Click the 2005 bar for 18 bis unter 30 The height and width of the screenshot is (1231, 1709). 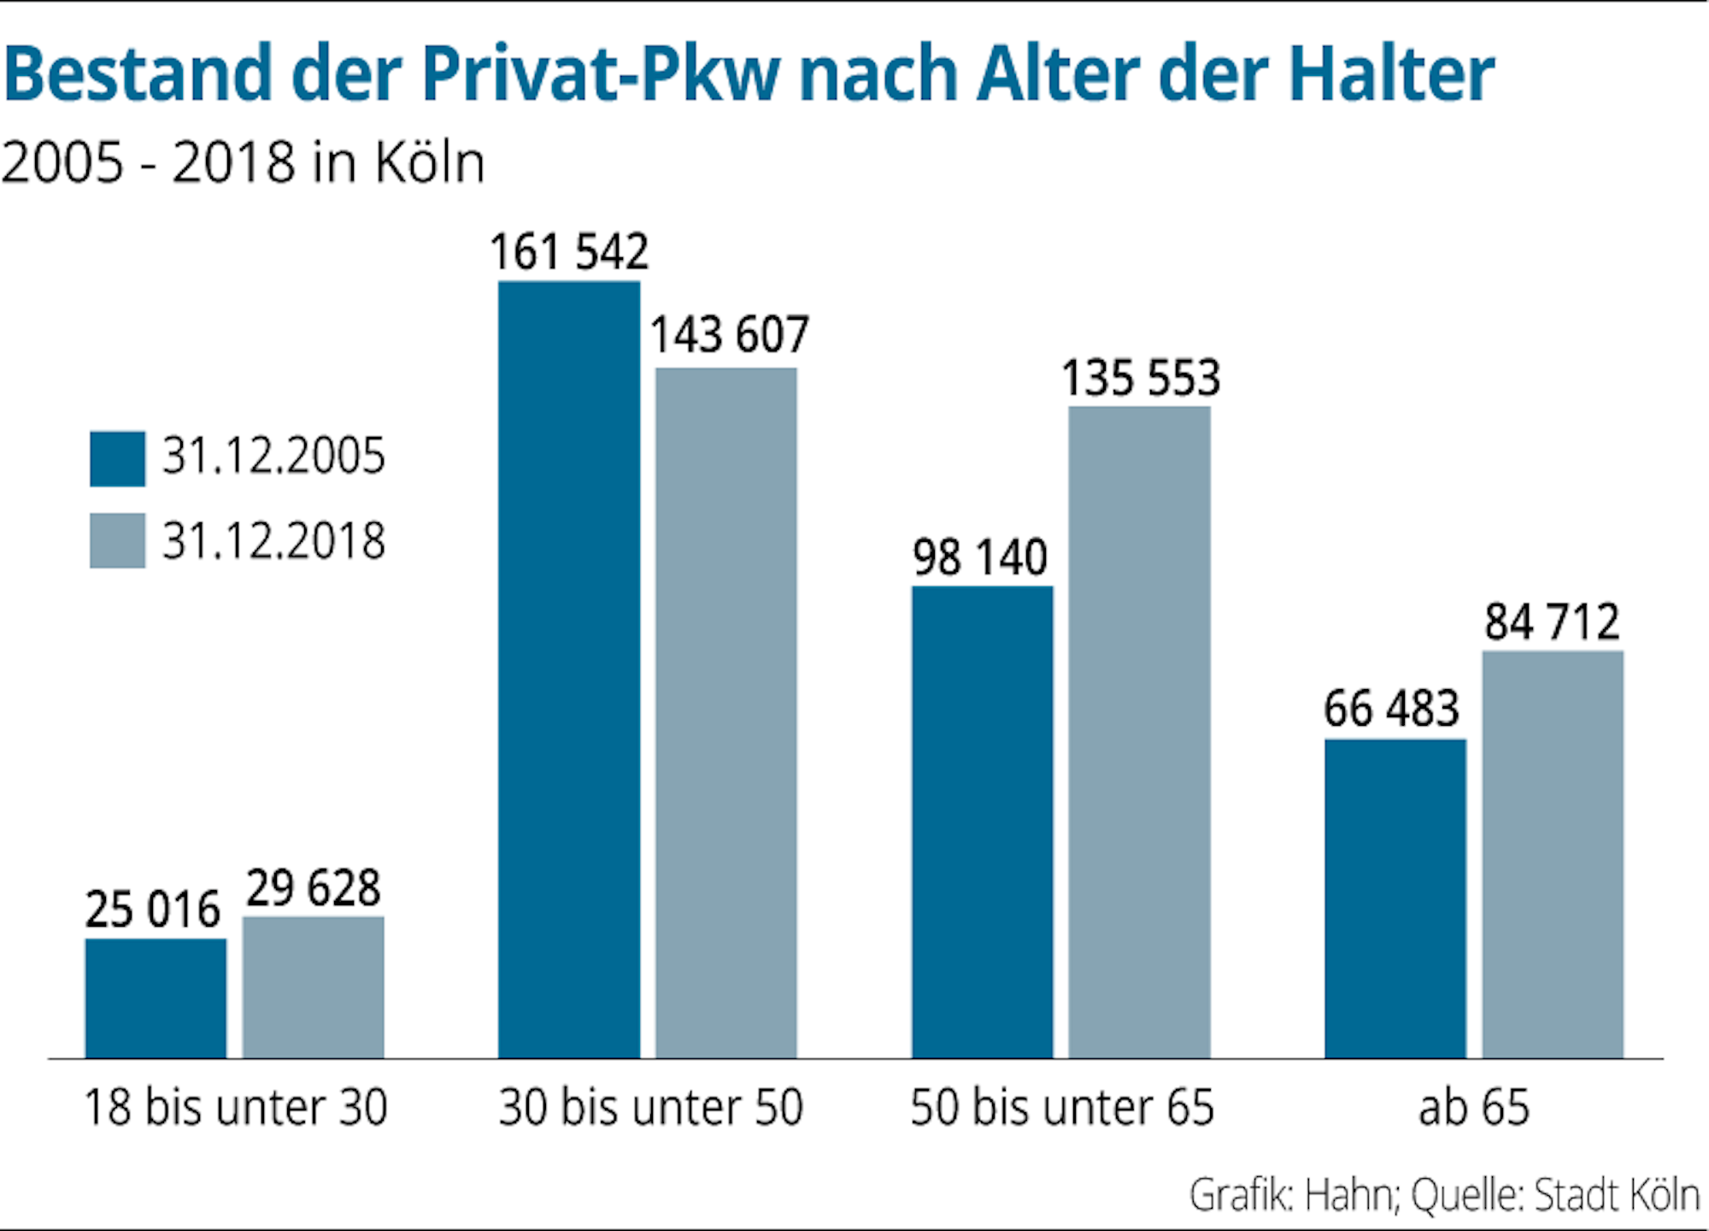coord(156,998)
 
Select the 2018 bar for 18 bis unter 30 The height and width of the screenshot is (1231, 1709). coord(313,987)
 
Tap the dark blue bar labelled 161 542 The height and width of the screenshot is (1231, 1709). coord(569,669)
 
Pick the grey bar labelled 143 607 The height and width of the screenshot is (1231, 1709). coord(726,713)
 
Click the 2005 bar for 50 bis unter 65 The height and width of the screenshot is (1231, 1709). coord(982,822)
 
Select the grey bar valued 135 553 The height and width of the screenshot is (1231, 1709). coord(1139,732)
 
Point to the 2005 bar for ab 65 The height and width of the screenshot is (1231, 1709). coord(1395,898)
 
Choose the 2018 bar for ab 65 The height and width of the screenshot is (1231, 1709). coord(1553,854)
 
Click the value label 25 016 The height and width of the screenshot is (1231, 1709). coord(153,909)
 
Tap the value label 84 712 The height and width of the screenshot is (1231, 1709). coord(1552,621)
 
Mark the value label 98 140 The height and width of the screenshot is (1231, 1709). coord(980,557)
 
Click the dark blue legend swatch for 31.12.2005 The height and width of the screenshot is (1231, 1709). coord(117,459)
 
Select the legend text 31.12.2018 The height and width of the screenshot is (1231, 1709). coord(274,541)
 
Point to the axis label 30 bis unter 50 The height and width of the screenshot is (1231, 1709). coord(651,1107)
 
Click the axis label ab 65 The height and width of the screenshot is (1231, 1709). coord(1474,1107)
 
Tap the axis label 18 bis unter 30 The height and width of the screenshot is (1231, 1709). coord(236,1107)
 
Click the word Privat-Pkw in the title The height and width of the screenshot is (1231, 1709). coord(601,75)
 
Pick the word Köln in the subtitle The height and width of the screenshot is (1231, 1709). coord(429,162)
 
